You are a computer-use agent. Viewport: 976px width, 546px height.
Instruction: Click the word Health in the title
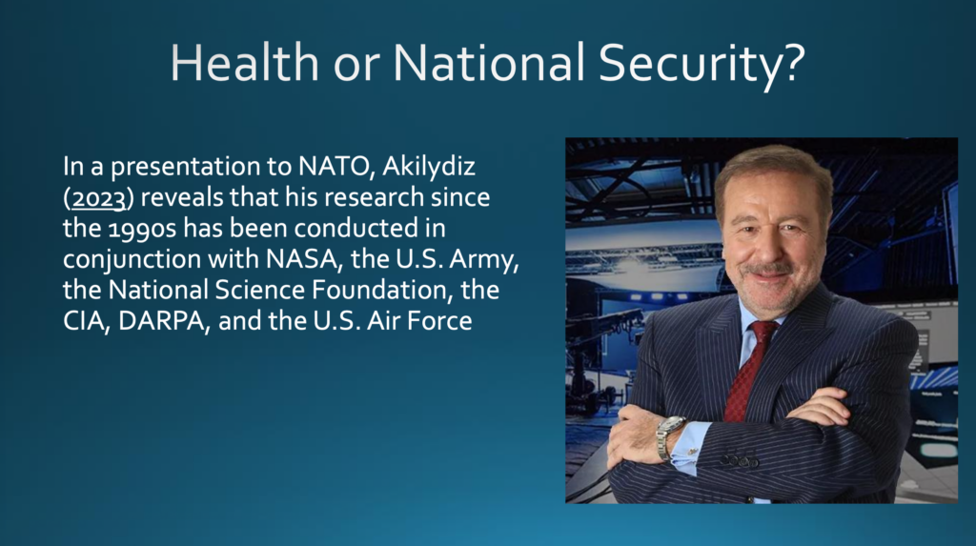[245, 62]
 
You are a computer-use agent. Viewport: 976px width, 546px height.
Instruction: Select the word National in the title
[489, 62]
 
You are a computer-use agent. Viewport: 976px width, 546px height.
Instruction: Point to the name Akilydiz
[429, 167]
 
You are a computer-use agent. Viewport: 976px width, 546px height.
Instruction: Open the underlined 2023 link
[99, 198]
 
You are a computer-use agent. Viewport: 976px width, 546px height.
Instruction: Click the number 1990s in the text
[142, 229]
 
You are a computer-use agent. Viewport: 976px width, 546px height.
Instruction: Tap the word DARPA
[163, 321]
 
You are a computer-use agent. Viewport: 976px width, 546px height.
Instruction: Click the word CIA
[84, 321]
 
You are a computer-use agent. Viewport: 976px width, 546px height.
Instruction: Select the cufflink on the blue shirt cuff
[691, 450]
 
